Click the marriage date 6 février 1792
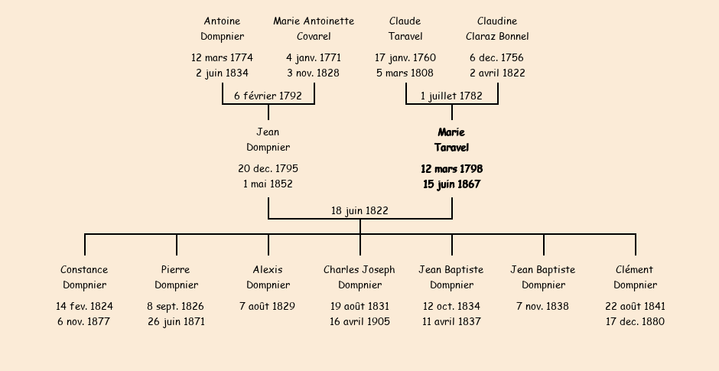pyautogui.click(x=268, y=96)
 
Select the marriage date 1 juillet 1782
pyautogui.click(x=451, y=96)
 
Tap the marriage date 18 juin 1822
pyautogui.click(x=359, y=210)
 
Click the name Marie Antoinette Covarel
pyautogui.click(x=314, y=28)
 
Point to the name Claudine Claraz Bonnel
pyautogui.click(x=497, y=28)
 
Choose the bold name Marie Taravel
pyautogui.click(x=451, y=140)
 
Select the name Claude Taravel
pyautogui.click(x=405, y=28)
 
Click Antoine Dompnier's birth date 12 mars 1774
pyautogui.click(x=222, y=57)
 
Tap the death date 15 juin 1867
pyautogui.click(x=451, y=184)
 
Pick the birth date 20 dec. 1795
pyautogui.click(x=268, y=168)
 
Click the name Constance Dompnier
pyautogui.click(x=84, y=277)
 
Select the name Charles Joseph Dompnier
pyautogui.click(x=359, y=277)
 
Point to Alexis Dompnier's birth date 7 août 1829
pyautogui.click(x=268, y=306)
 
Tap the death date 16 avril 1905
pyautogui.click(x=359, y=321)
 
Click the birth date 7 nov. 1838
pyautogui.click(x=543, y=306)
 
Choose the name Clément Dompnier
pyautogui.click(x=635, y=277)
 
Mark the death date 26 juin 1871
pyautogui.click(x=176, y=321)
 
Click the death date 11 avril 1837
pyautogui.click(x=451, y=321)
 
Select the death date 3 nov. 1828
pyautogui.click(x=314, y=73)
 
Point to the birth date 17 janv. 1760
pyautogui.click(x=405, y=57)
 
